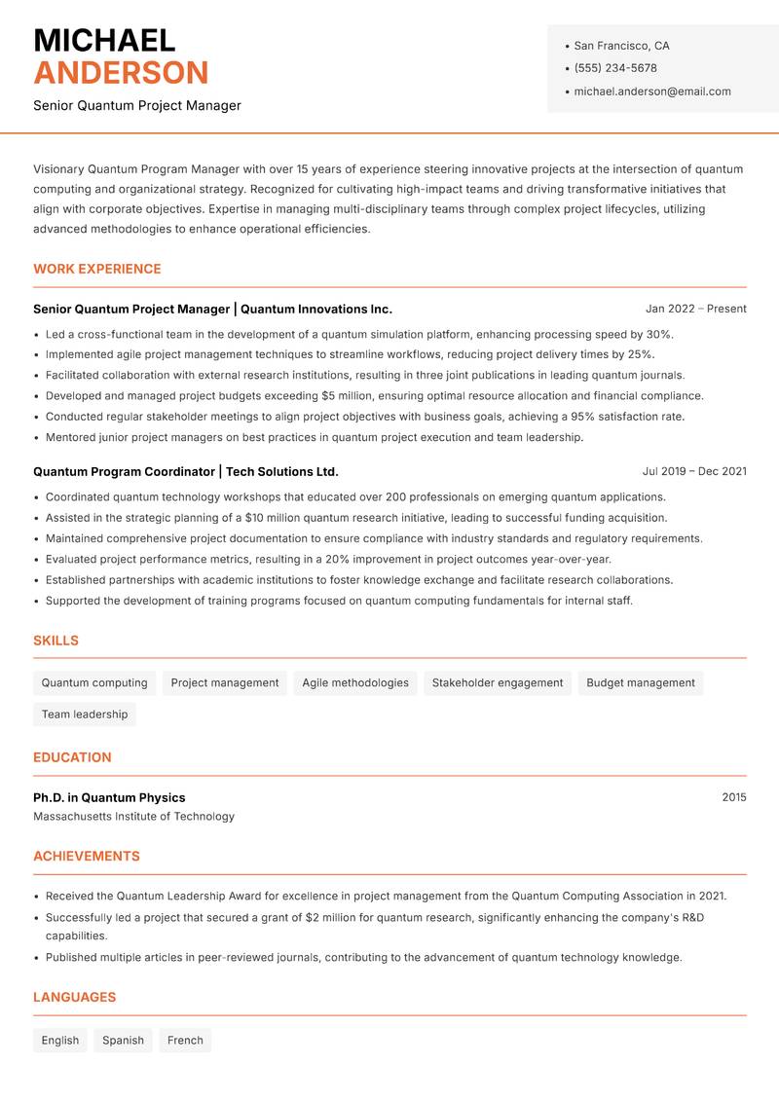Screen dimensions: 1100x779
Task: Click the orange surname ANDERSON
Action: pos(121,73)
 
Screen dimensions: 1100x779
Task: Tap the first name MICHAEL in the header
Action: pos(104,40)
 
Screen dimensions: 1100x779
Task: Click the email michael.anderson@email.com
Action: pos(651,92)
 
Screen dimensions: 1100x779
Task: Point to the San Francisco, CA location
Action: pos(621,46)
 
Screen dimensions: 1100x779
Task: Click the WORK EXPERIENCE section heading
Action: pos(97,269)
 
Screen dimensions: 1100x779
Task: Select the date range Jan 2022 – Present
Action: pos(695,309)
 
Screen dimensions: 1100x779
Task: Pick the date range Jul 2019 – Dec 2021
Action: pos(694,471)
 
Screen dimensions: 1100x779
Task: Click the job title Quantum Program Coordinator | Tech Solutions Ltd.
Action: pos(186,471)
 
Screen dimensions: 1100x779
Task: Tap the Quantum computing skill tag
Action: pos(94,683)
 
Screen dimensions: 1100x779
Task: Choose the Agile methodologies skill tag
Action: pos(355,683)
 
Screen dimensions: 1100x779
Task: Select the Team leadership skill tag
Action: pos(85,715)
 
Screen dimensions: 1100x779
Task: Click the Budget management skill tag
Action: pos(641,683)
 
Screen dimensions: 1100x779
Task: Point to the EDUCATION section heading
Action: pos(72,757)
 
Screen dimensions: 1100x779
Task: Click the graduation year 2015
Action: pos(733,797)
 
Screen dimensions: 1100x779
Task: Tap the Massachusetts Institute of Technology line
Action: pos(133,817)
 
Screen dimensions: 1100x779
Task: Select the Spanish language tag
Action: pos(123,1041)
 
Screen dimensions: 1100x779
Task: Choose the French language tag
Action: pos(185,1041)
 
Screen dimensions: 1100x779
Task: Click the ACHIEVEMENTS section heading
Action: pos(87,857)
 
